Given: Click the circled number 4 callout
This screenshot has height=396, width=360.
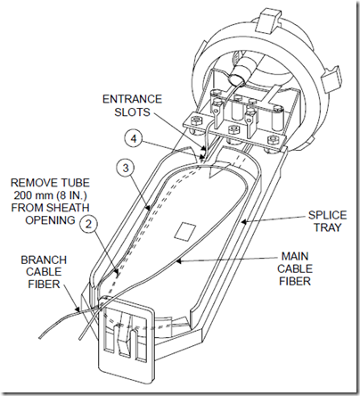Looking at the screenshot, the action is (135, 138).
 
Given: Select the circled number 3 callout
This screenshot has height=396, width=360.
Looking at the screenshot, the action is (126, 168).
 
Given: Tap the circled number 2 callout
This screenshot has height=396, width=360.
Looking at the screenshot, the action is (88, 224).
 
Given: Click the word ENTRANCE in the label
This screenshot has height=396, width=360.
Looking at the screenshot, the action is (132, 99).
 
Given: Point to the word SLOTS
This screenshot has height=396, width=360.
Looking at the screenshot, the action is (133, 111).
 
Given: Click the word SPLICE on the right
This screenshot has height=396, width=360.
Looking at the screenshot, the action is (327, 215).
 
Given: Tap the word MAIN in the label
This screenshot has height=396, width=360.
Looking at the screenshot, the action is (295, 256).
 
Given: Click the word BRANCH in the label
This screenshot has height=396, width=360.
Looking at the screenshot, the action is (44, 260).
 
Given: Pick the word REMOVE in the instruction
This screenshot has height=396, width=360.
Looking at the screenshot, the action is (31, 183).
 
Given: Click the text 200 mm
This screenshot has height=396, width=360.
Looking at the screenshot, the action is (37, 195).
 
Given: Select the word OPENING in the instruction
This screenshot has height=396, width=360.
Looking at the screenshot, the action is (50, 220).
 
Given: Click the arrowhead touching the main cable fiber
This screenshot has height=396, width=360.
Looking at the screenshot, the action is (179, 261).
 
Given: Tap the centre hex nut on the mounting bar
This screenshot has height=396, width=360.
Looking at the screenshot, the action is (232, 130).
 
